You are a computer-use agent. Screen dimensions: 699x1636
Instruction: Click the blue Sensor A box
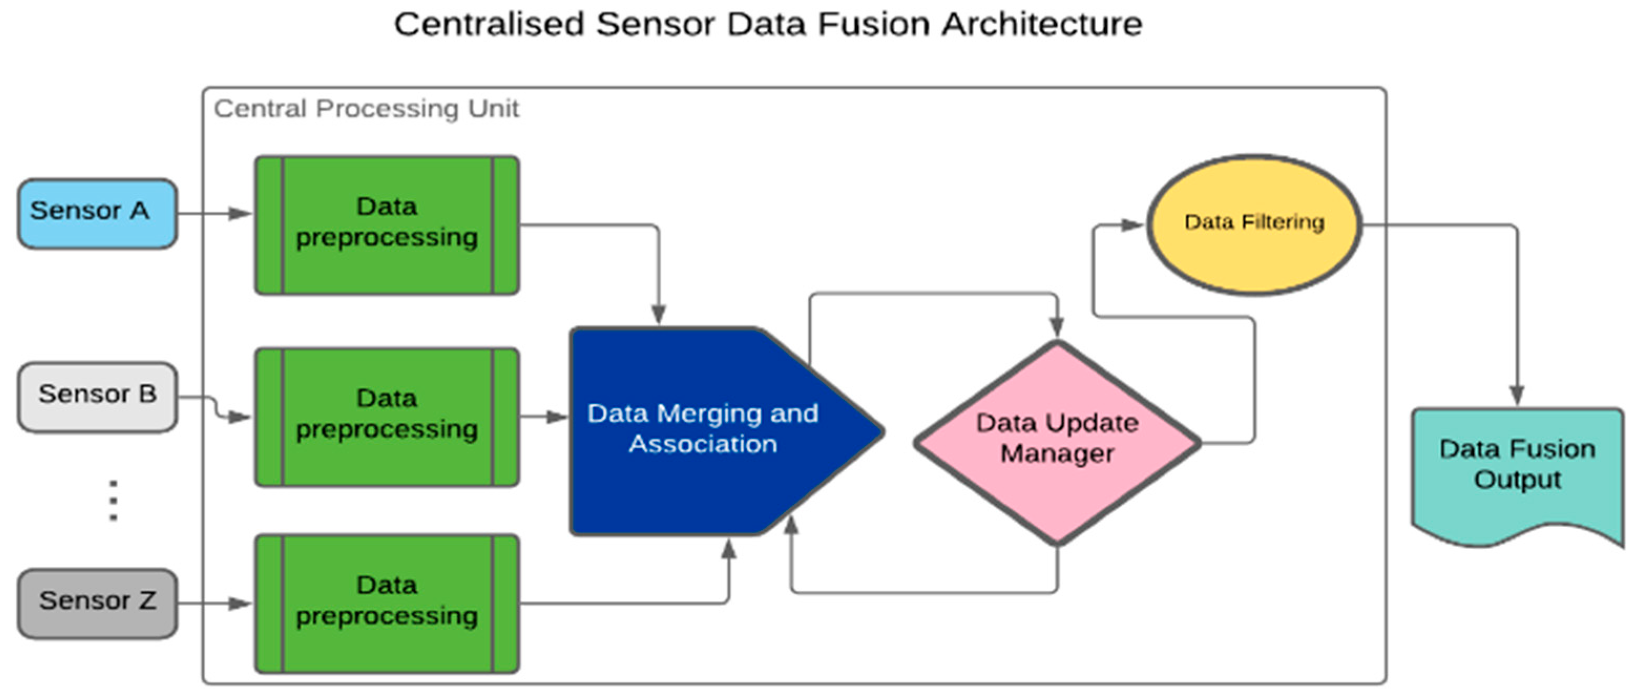point(97,213)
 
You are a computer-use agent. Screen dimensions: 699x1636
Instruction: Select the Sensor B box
point(97,397)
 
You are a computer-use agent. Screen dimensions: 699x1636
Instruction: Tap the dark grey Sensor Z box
point(97,603)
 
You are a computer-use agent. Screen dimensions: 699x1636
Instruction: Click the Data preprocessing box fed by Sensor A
point(387,225)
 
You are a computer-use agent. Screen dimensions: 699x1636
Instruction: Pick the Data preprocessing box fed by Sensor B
point(387,417)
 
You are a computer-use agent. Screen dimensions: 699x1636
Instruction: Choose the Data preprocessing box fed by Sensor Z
point(387,603)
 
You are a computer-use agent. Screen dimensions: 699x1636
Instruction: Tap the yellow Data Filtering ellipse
point(1254,224)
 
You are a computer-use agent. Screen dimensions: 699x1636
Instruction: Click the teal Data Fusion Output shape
point(1517,470)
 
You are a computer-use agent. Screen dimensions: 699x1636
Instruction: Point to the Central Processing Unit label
point(366,109)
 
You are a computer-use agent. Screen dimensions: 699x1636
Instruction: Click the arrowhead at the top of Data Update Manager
point(1056,327)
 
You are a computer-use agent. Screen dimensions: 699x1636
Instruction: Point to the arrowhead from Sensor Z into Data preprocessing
point(240,603)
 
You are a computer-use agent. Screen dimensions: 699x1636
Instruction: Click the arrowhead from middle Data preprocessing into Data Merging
point(557,417)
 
